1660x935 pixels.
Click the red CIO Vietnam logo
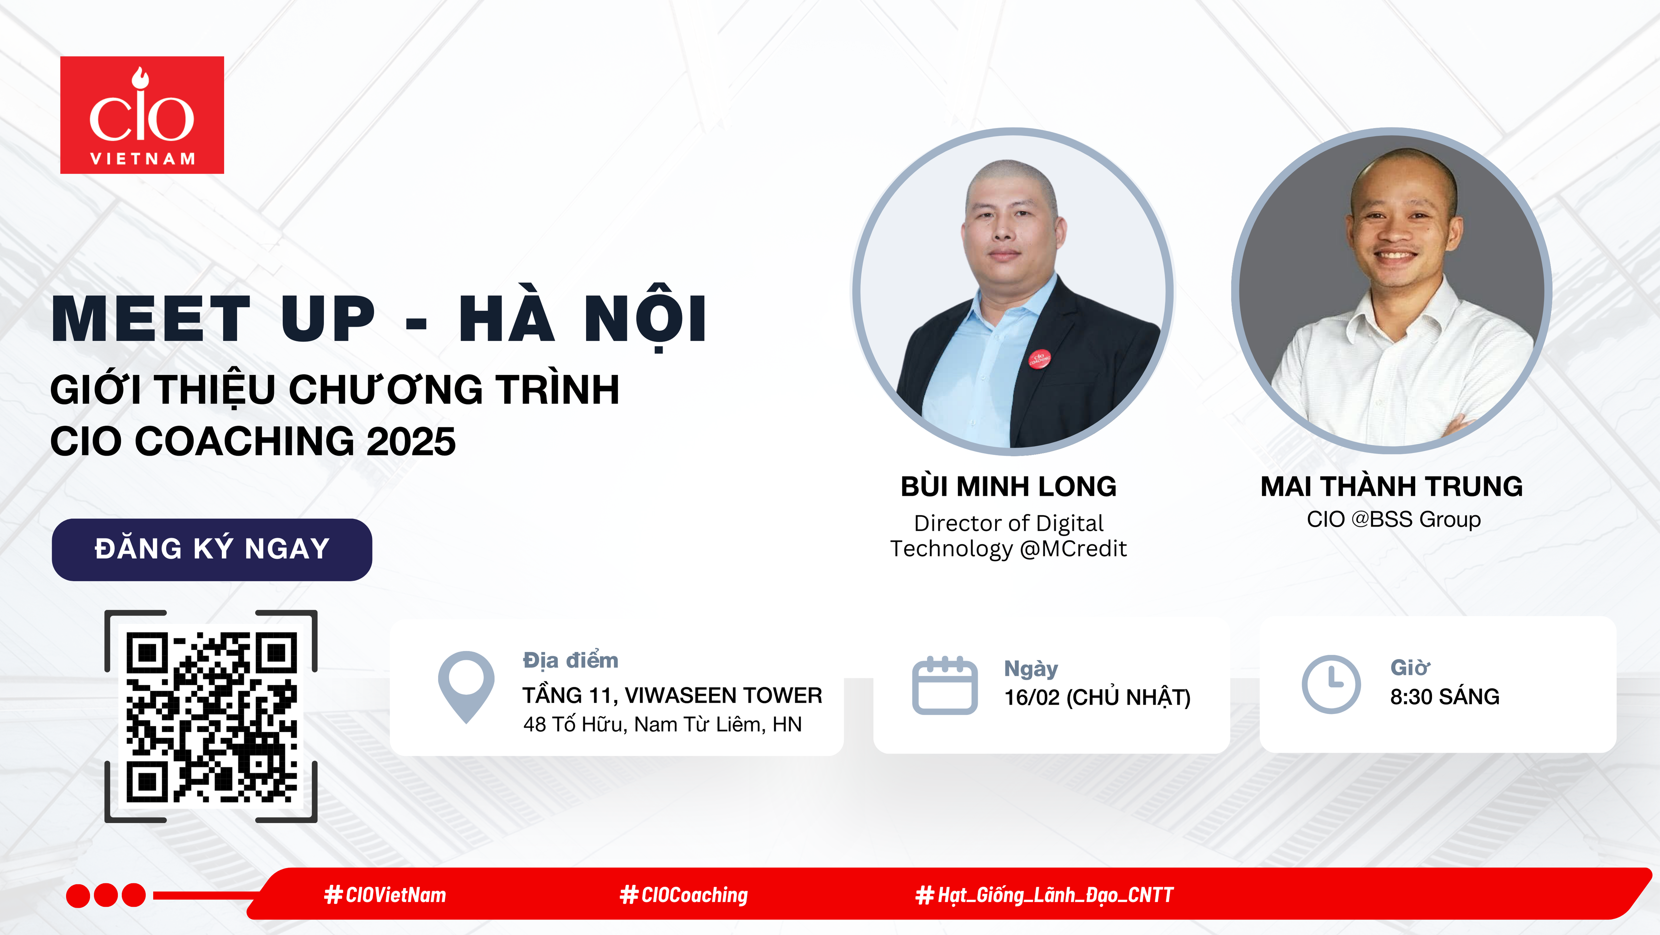(x=142, y=115)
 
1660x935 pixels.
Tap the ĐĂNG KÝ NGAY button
(x=212, y=550)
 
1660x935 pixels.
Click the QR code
(x=212, y=717)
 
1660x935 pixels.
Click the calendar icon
(x=945, y=685)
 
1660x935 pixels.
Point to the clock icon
(x=1331, y=684)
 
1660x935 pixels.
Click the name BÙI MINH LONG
(x=1009, y=486)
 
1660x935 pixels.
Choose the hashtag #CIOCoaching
(x=684, y=895)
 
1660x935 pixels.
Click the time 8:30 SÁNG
(x=1445, y=697)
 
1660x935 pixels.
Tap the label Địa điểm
(x=570, y=660)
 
